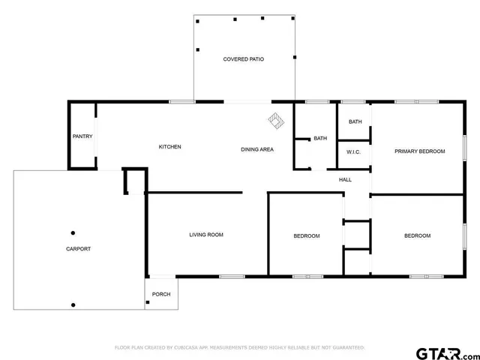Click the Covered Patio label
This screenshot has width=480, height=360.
pos(243,58)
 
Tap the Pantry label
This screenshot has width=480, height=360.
pos(82,136)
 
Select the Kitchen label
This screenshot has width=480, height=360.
pos(169,147)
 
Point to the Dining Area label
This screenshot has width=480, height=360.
pos(256,149)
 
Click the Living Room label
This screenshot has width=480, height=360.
pos(205,235)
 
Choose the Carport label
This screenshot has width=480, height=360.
pos(78,249)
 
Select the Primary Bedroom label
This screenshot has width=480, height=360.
pos(420,151)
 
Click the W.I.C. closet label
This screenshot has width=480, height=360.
pos(354,152)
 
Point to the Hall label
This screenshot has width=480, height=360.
pos(345,180)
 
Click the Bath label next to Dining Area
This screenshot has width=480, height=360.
pos(320,138)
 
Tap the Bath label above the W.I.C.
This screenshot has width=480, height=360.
pos(355,122)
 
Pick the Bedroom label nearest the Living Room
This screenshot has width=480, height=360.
pos(306,236)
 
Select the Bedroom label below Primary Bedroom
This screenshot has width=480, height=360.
pos(417,236)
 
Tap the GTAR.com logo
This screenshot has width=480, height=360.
pos(446,352)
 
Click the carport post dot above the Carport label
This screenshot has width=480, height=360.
pos(73,232)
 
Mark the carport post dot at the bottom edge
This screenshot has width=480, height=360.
pos(73,304)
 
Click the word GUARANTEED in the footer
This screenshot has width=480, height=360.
pos(347,348)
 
